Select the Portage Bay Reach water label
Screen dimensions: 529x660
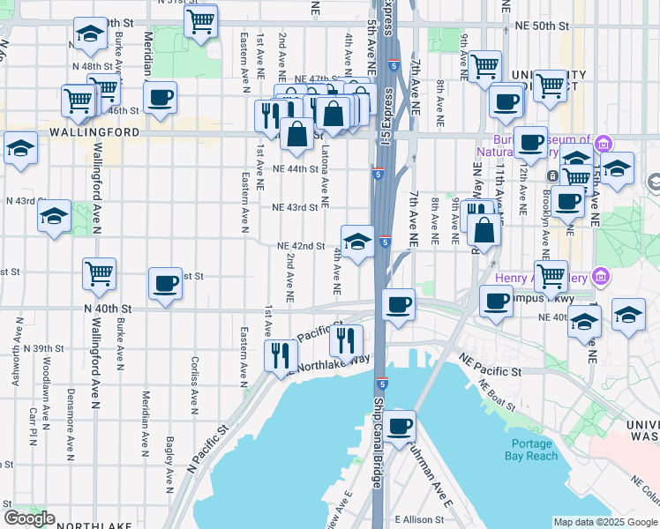[x=529, y=450]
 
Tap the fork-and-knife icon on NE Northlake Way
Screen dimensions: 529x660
[x=279, y=354]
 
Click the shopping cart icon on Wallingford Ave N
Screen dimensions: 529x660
[x=99, y=272]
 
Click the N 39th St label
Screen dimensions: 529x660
[x=45, y=347]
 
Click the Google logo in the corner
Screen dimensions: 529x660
[x=29, y=518]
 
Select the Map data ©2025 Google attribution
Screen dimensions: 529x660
[x=604, y=522]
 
